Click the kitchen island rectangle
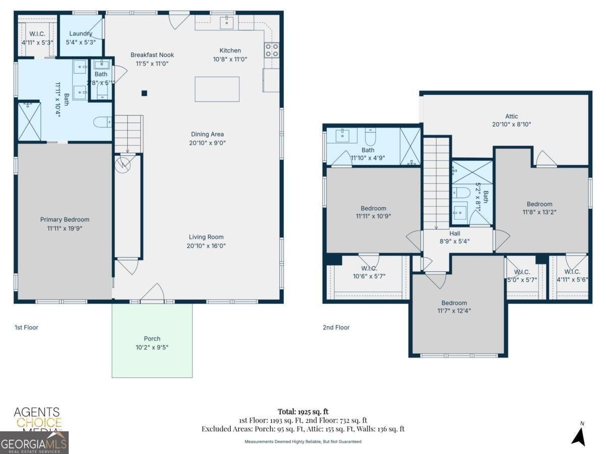pyautogui.click(x=217, y=89)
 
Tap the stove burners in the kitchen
pyautogui.click(x=271, y=49)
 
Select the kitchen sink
pyautogui.click(x=227, y=22)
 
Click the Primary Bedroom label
pyautogui.click(x=65, y=219)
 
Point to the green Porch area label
pyautogui.click(x=151, y=338)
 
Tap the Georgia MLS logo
pyautogui.click(x=34, y=443)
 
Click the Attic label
pyautogui.click(x=512, y=116)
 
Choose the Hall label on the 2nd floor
pyautogui.click(x=454, y=234)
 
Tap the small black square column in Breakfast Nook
pyautogui.click(x=144, y=93)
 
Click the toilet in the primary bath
pyautogui.click(x=102, y=122)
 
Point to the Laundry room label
pyautogui.click(x=81, y=34)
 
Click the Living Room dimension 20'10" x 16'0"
pyautogui.click(x=206, y=246)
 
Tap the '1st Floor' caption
pyautogui.click(x=26, y=327)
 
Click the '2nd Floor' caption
pyautogui.click(x=336, y=327)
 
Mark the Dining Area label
pyautogui.click(x=207, y=134)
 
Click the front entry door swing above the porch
pyautogui.click(x=153, y=294)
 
